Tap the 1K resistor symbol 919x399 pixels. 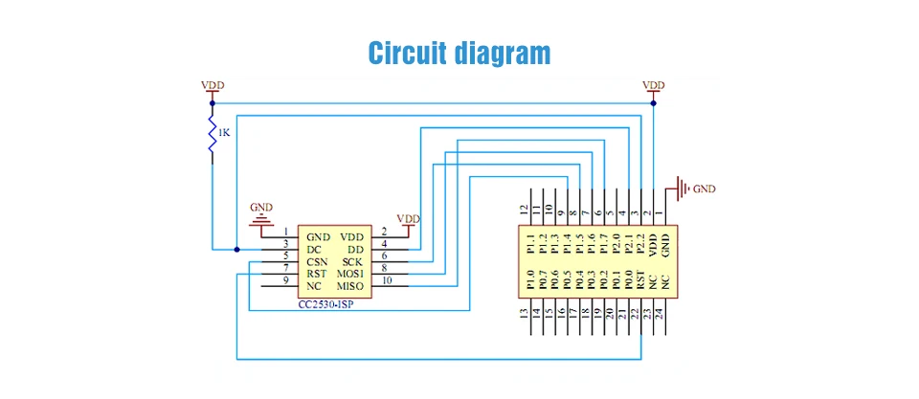[212, 134]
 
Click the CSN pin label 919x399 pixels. [319, 261]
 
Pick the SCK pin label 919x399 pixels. [351, 261]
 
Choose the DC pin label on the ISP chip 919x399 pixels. [315, 249]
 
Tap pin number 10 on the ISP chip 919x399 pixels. [388, 280]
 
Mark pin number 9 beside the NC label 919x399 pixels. [286, 280]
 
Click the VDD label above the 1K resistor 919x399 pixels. [213, 85]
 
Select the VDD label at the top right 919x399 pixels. [654, 85]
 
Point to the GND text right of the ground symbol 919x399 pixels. [704, 188]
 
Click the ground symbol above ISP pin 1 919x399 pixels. [260, 223]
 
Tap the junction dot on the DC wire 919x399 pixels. [237, 249]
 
